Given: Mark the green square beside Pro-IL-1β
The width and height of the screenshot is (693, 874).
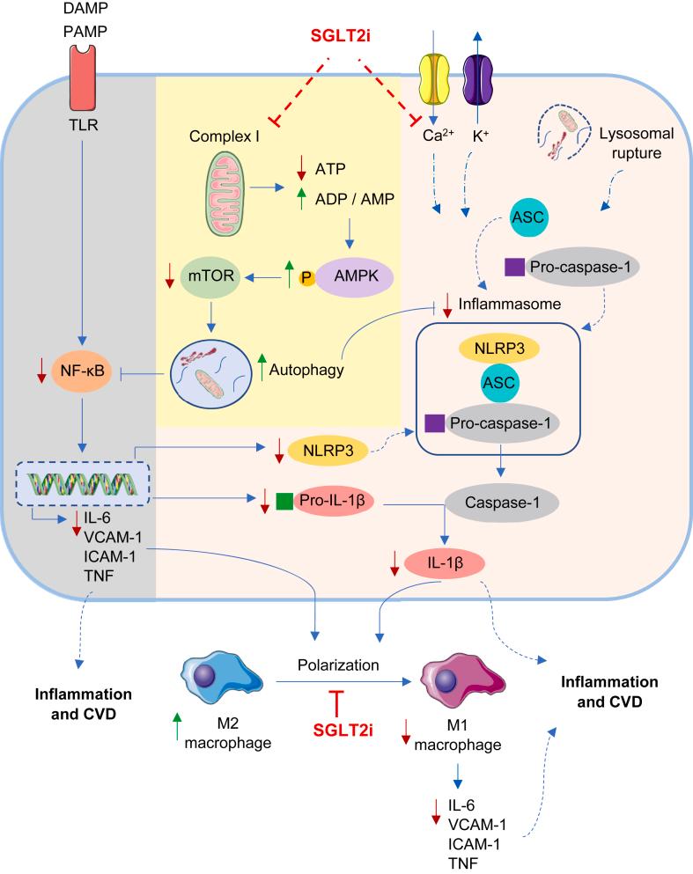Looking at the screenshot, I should pos(284,502).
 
